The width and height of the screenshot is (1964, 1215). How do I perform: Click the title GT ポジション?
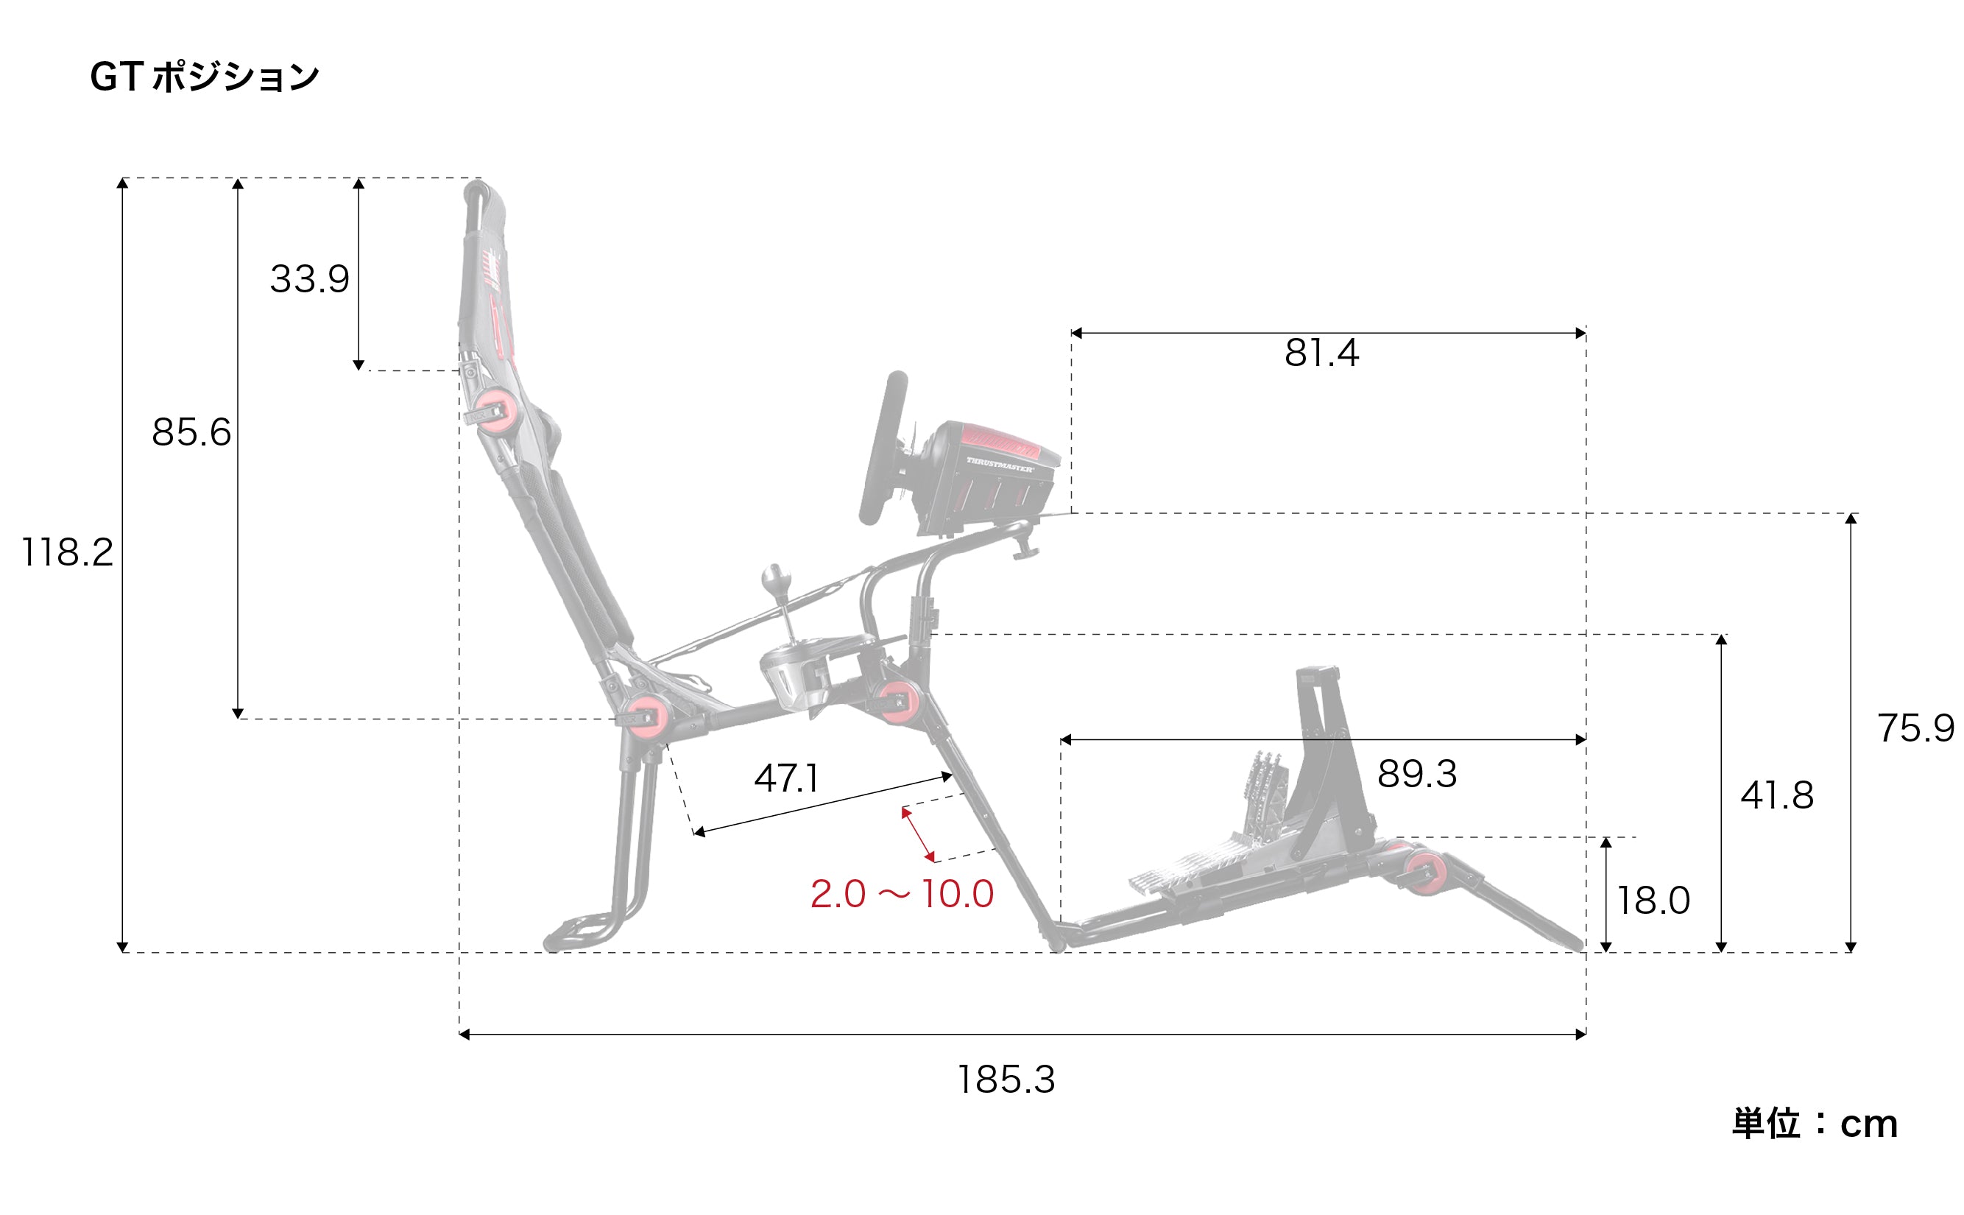pos(205,78)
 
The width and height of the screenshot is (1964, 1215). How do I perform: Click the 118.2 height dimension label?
pos(67,553)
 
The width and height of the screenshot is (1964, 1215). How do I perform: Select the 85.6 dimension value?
pos(191,432)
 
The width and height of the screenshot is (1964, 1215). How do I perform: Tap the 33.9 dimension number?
pos(309,279)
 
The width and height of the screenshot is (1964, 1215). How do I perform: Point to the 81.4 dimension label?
pos(1321,353)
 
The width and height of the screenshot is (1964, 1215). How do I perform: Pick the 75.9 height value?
pos(1915,728)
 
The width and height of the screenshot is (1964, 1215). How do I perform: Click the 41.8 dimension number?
pos(1777,795)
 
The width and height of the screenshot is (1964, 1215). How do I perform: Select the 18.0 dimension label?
pos(1653,900)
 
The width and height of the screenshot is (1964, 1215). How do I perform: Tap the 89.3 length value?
pos(1417,774)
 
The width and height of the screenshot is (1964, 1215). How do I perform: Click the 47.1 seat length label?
pos(786,778)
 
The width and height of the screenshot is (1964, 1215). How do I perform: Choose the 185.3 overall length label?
pos(1006,1080)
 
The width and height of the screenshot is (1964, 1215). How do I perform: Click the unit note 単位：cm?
pos(1814,1124)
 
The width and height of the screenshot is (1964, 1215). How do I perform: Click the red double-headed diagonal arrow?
pos(917,834)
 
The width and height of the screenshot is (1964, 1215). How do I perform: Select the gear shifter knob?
pos(776,579)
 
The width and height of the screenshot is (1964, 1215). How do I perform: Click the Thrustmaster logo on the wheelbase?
pos(999,465)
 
